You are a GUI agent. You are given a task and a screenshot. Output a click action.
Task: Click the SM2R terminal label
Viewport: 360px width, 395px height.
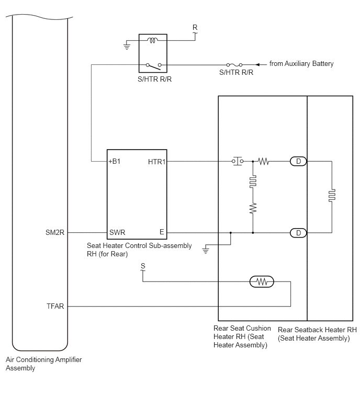[x=55, y=232]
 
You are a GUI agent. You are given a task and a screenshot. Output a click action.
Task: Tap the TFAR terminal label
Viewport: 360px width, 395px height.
[x=55, y=306]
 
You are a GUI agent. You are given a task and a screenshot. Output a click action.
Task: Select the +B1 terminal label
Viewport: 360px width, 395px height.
[x=115, y=161]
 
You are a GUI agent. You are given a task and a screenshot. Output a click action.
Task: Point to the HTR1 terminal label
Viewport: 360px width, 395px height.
[x=156, y=162]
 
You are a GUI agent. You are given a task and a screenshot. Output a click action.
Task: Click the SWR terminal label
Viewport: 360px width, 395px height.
[x=117, y=232]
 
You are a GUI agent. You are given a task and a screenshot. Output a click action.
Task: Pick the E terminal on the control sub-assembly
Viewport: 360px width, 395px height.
[x=162, y=232]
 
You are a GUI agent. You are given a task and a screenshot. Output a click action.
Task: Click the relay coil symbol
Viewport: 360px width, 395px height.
[x=152, y=40]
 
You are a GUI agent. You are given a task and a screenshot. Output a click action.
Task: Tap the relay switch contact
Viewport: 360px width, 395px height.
[x=153, y=66]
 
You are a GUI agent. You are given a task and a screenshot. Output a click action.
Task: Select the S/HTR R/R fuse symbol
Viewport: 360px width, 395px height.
[x=234, y=65]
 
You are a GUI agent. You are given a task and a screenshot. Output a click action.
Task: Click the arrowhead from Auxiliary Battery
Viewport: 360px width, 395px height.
[x=257, y=65]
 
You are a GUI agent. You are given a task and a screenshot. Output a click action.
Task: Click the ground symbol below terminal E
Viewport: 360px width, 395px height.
[x=206, y=251]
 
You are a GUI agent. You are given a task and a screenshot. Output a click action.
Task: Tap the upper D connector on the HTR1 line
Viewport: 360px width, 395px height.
[x=298, y=161]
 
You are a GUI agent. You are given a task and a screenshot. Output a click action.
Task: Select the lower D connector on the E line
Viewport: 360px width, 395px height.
[x=298, y=233]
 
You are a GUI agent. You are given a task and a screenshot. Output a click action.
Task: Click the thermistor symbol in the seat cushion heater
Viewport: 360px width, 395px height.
[x=262, y=281]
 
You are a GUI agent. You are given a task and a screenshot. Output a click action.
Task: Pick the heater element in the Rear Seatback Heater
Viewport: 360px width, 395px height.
[x=332, y=196]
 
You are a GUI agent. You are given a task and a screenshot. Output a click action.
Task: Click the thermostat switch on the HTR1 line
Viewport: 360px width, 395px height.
[x=238, y=161]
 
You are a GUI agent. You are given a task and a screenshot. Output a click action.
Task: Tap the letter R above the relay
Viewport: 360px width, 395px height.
[x=195, y=27]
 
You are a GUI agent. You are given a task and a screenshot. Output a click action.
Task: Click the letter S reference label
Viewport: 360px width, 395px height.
[x=143, y=266]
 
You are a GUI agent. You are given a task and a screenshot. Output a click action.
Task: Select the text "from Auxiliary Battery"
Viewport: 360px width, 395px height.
[x=301, y=64]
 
